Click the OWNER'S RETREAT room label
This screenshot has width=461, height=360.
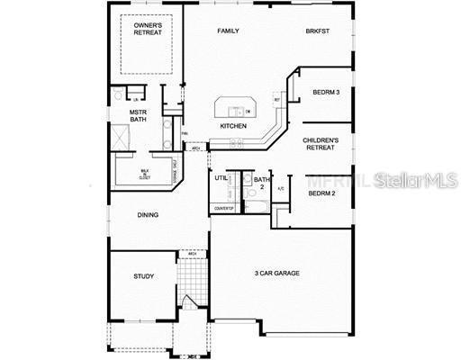148,30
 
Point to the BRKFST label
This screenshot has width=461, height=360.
317,31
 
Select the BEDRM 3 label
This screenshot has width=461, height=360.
326,92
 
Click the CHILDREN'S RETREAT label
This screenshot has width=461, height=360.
321,145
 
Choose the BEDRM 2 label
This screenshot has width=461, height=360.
321,193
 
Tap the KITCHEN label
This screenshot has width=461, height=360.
233,126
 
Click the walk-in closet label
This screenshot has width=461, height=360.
144,172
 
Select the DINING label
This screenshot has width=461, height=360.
149,215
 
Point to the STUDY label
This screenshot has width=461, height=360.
143,276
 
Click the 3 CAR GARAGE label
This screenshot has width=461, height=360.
276,273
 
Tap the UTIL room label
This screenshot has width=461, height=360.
221,177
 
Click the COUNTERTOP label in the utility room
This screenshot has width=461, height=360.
223,209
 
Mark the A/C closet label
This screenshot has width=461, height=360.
281,189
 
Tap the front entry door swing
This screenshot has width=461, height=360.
188,303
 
